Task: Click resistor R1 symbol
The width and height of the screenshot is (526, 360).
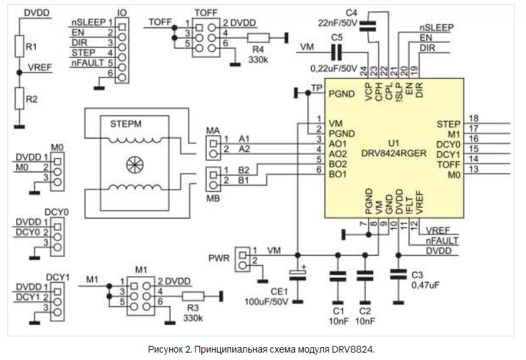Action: [x=20, y=46]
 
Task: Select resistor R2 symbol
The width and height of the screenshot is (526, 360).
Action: [x=20, y=98]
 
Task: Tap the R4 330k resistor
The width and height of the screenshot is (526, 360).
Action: [x=258, y=38]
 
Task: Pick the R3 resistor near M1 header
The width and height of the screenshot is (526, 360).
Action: [x=193, y=296]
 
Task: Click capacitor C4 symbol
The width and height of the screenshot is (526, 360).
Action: [x=368, y=26]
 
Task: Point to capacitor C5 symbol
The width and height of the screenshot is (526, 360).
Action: [x=337, y=52]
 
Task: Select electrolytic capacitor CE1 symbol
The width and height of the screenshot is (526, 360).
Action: [x=298, y=274]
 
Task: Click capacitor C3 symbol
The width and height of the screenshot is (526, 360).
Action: [x=398, y=274]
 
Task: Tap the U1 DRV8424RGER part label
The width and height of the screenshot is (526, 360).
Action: [x=394, y=149]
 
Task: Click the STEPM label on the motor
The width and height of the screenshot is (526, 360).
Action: [x=126, y=124]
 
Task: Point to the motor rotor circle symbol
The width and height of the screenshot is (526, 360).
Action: [x=135, y=164]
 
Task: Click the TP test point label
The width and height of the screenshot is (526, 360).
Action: [x=317, y=88]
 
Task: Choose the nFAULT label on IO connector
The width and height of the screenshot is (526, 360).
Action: [x=88, y=63]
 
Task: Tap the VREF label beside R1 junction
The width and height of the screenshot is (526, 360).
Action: [x=40, y=67]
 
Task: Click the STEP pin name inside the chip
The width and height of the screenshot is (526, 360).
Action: [x=448, y=124]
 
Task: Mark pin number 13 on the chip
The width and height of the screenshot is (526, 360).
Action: [x=473, y=169]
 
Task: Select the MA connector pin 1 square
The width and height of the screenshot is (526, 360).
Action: [x=213, y=144]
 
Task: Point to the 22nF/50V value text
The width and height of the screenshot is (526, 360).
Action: [x=338, y=23]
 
